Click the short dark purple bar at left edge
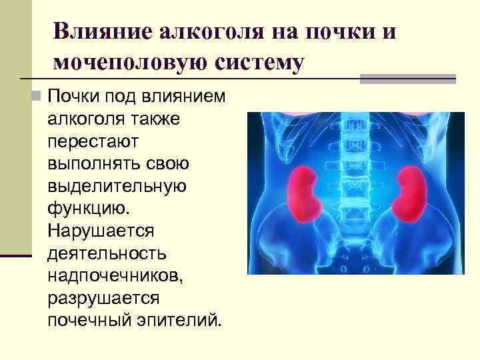pos(16,255)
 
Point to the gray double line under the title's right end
pos(407,79)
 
